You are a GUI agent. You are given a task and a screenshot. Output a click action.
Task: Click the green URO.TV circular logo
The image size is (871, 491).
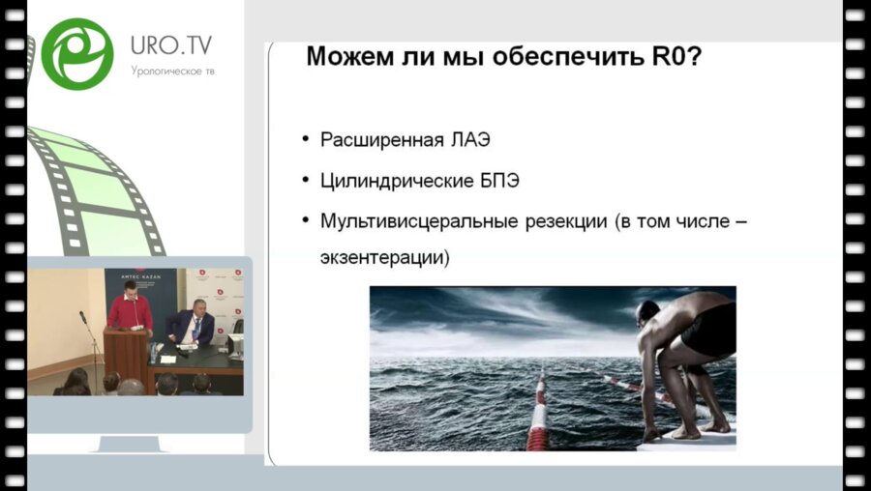(x=77, y=54)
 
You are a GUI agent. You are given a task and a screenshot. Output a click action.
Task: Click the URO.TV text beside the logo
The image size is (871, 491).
(x=171, y=45)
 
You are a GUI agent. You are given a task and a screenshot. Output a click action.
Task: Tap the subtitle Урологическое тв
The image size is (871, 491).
(x=172, y=70)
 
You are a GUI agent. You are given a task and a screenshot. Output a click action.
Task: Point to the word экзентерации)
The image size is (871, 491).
(x=384, y=259)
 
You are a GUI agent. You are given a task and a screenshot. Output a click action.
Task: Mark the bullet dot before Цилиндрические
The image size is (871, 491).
(x=307, y=181)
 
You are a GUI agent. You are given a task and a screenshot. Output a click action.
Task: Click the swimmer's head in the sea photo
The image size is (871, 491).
(x=649, y=313)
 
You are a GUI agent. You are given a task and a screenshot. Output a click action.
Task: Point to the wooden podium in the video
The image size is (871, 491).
(x=126, y=355)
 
